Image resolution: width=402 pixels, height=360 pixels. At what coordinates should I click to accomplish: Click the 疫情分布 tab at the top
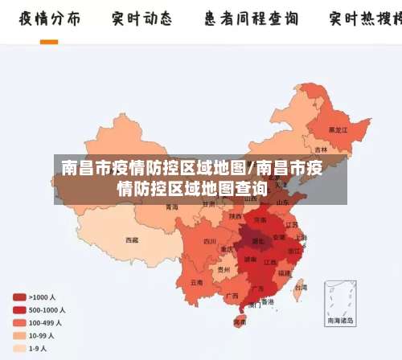[50, 18]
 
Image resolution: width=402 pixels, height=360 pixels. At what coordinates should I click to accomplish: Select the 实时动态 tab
[142, 18]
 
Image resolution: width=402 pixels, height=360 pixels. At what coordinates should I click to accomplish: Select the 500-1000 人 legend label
[47, 309]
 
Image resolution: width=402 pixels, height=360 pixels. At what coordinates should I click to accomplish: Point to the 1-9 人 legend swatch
[18, 349]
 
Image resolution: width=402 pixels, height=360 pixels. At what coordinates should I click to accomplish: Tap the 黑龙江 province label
[338, 129]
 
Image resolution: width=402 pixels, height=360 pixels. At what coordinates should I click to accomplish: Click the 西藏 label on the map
[131, 239]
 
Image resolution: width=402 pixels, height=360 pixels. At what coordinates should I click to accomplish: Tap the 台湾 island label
[301, 286]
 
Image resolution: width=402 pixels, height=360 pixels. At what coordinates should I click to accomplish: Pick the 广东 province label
[257, 288]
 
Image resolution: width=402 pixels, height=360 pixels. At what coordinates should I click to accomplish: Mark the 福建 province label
[284, 272]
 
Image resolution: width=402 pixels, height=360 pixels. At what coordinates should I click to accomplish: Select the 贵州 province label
[223, 270]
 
